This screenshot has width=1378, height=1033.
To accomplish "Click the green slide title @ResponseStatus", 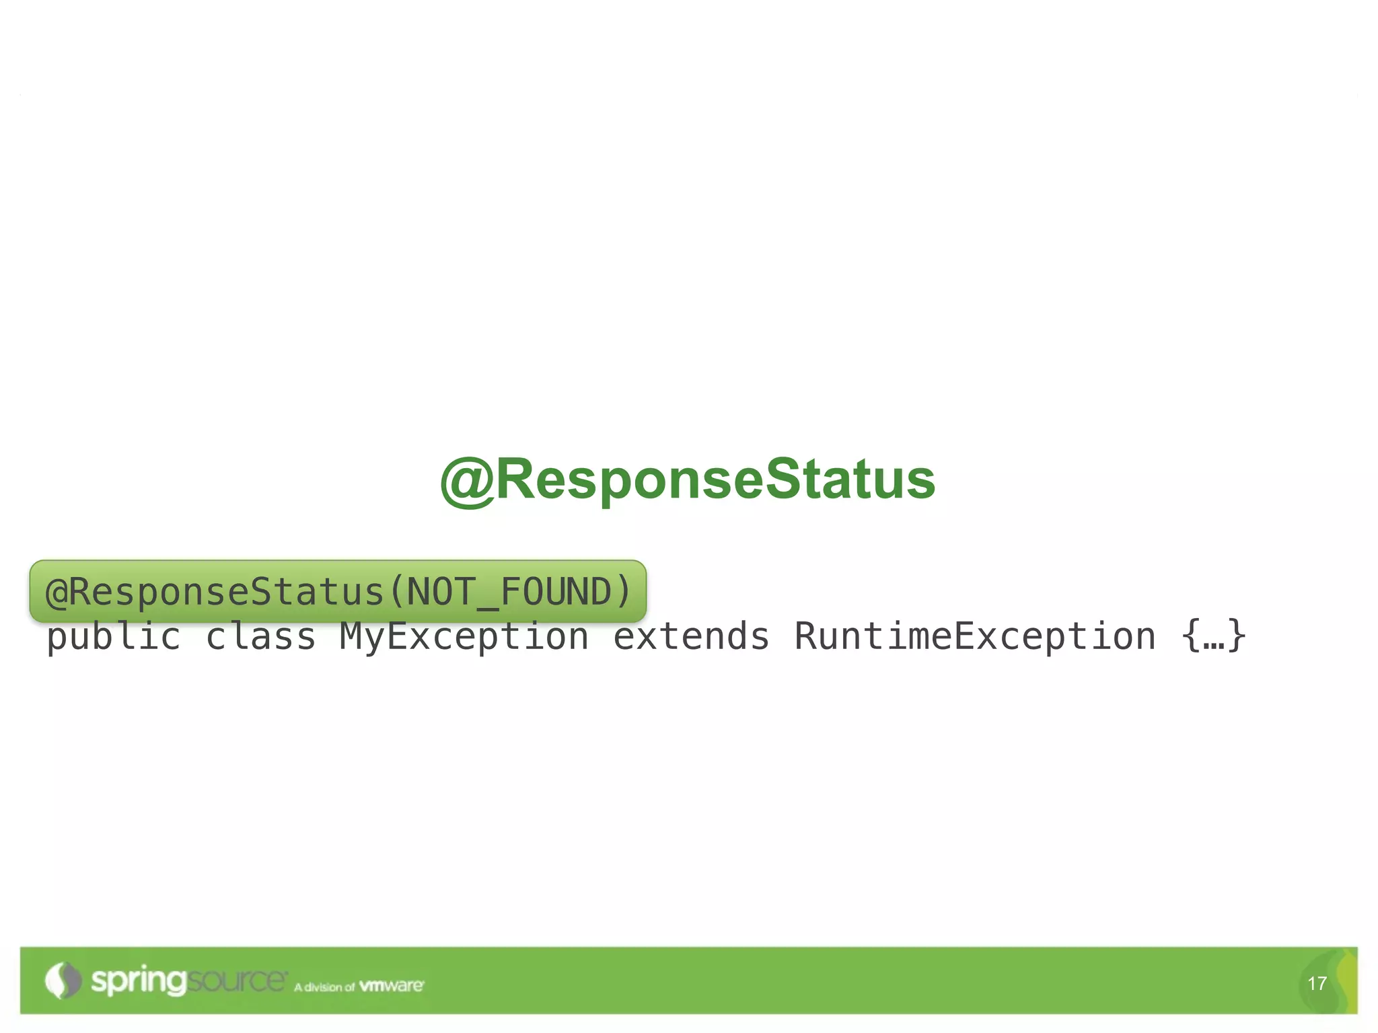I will coord(688,479).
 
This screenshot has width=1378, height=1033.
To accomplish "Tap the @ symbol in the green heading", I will coord(467,480).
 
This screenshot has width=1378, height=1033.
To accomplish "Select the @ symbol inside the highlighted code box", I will coord(57,592).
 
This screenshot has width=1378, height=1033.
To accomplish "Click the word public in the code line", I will coord(114,636).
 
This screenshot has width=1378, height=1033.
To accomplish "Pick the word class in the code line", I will coord(261,636).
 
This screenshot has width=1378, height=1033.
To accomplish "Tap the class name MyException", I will coord(464,636).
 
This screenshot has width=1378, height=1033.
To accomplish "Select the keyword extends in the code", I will coord(691,636).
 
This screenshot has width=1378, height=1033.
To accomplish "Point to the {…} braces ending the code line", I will coord(1214,636).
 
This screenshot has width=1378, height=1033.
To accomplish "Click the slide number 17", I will coord(1317,984).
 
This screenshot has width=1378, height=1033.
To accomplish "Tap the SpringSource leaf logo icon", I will coord(62,981).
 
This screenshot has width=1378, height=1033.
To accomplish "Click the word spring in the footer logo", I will coord(138,981).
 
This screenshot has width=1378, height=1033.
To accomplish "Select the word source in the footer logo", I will coord(235,980).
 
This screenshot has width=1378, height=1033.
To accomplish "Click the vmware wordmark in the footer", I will coord(391,986).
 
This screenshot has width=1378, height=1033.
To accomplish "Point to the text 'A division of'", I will coord(324,987).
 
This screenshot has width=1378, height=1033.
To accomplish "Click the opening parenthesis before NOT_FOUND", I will coord(396,592).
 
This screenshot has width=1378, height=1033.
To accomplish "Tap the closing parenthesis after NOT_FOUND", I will coord(622,592).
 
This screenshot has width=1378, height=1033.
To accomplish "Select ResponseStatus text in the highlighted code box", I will coord(226,592).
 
